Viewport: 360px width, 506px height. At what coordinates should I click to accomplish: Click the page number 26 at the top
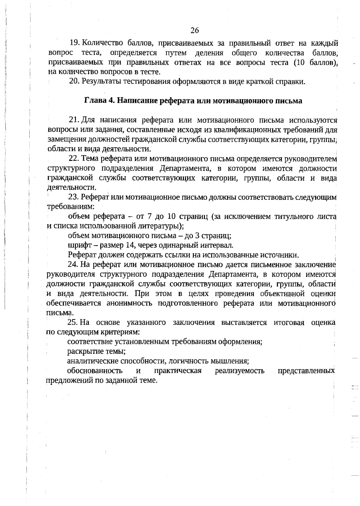[x=194, y=30]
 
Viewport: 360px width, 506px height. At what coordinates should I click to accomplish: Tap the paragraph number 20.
[x=73, y=81]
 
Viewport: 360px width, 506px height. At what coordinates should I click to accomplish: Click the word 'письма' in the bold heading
[x=289, y=101]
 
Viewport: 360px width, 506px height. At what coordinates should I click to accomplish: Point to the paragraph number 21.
[x=74, y=120]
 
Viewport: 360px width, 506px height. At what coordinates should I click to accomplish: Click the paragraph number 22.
[x=74, y=158]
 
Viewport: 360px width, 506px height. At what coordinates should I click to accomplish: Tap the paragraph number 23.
[x=73, y=197]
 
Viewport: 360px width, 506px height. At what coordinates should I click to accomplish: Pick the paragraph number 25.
[x=73, y=322]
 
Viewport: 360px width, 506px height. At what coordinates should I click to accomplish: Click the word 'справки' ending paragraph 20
[x=291, y=81]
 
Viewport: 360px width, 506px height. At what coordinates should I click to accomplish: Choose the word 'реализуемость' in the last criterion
[x=240, y=371]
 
